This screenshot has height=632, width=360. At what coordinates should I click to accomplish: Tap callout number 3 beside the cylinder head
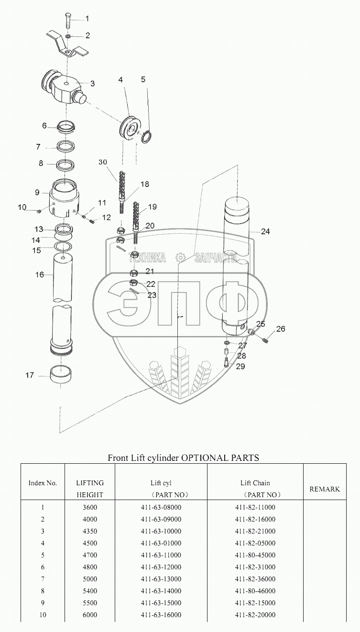(x=92, y=83)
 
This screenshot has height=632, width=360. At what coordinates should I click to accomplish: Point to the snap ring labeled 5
(x=149, y=136)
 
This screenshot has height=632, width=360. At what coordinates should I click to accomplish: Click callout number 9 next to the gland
(x=37, y=192)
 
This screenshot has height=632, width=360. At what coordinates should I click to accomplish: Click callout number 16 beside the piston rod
(x=40, y=274)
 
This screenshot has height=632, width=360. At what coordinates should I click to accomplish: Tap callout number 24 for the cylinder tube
(x=265, y=231)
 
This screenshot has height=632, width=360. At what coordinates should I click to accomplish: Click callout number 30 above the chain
(x=103, y=162)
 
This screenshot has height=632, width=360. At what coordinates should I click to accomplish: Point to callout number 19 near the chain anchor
(x=152, y=207)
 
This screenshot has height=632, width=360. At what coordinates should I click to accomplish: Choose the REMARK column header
(x=325, y=489)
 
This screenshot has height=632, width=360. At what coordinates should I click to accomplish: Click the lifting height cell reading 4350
(x=90, y=531)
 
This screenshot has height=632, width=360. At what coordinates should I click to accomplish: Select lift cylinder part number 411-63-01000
(x=161, y=543)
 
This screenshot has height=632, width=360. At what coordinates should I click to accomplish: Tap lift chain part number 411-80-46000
(x=255, y=591)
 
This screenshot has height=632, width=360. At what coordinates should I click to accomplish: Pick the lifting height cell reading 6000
(x=90, y=615)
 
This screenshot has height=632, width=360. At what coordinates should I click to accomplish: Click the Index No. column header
(x=43, y=483)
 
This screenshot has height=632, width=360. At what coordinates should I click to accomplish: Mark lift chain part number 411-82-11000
(x=255, y=507)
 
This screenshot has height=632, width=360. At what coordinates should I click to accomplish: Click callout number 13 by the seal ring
(x=38, y=229)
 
